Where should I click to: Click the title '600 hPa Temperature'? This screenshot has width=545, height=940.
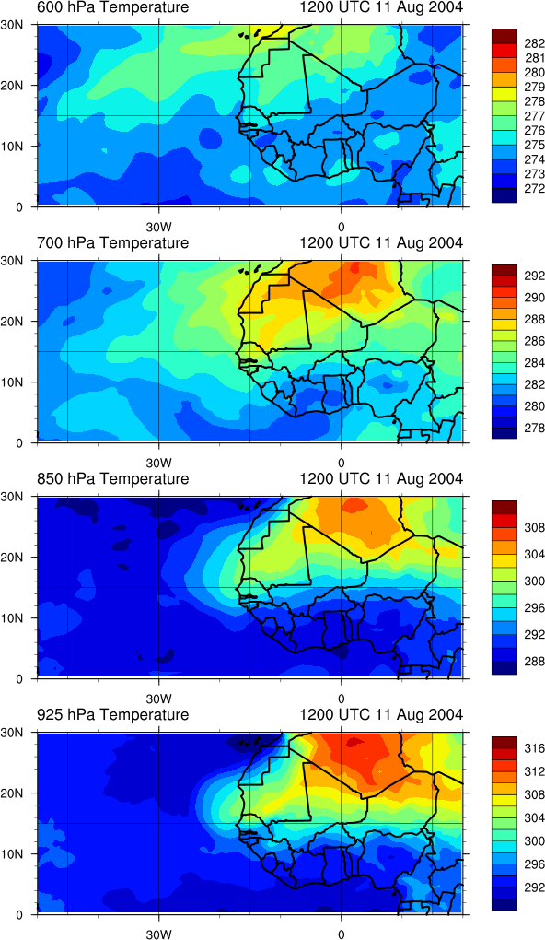(112, 7)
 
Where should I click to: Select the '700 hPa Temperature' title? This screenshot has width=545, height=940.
(112, 242)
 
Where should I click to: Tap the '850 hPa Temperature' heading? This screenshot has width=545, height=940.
(112, 479)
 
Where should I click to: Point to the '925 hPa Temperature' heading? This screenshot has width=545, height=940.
(112, 714)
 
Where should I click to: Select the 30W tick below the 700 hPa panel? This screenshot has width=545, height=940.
(159, 464)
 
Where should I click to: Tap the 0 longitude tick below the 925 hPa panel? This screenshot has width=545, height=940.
(341, 934)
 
